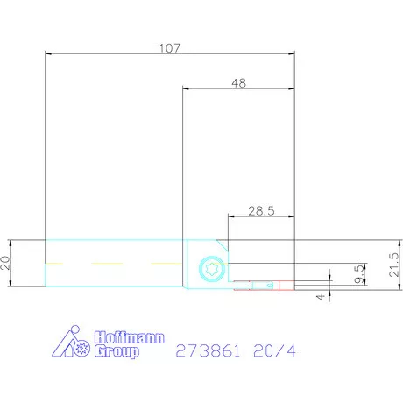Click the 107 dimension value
tap(169, 48)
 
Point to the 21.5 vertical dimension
tap(394, 260)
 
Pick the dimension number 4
tap(321, 296)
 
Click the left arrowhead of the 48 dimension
tap(186, 88)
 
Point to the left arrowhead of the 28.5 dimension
tap(230, 216)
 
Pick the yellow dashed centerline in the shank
tap(105, 262)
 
